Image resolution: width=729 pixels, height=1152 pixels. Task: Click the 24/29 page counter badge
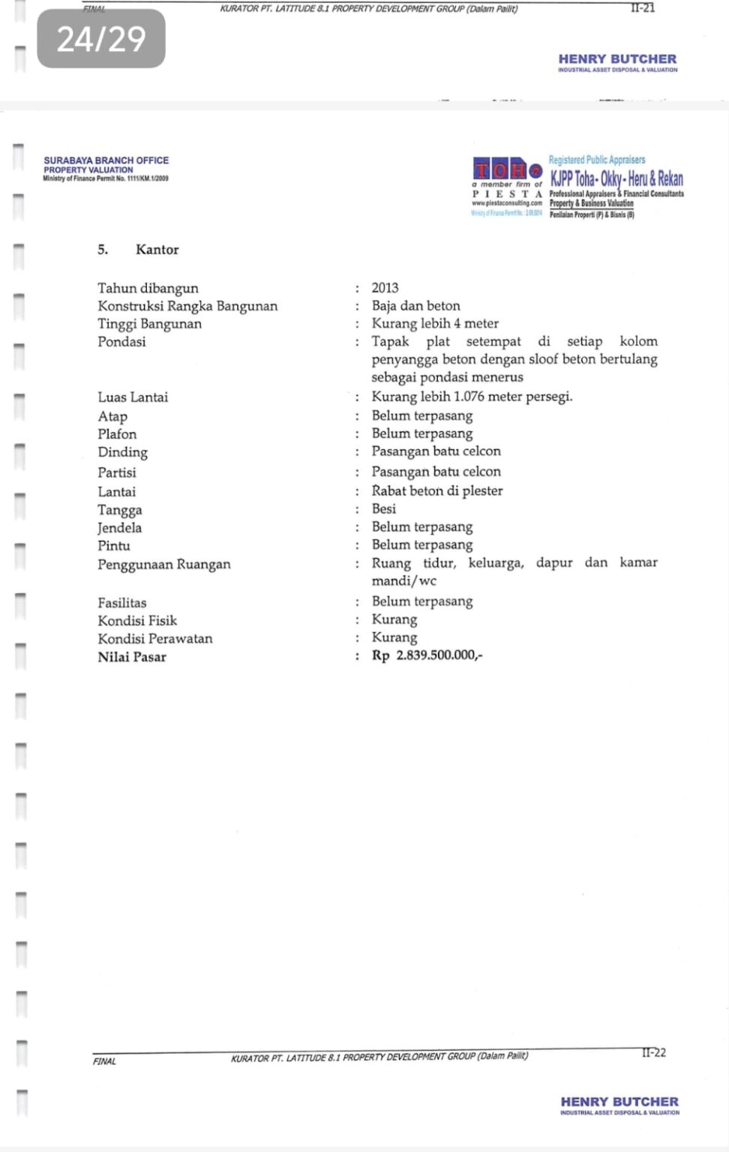click(x=101, y=39)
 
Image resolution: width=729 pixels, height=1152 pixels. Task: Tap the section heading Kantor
click(x=157, y=250)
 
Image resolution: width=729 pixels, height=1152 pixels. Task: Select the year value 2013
click(x=385, y=288)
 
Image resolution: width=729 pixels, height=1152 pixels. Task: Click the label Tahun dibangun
click(x=148, y=288)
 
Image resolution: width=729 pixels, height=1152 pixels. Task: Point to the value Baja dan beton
click(x=415, y=306)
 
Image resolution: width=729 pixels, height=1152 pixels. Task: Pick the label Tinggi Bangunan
click(x=149, y=324)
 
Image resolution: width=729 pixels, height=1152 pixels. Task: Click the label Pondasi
click(x=121, y=342)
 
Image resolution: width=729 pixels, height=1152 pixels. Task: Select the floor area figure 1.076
click(x=469, y=397)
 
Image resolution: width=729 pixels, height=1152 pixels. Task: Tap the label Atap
click(x=112, y=416)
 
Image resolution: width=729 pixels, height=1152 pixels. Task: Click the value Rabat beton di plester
click(x=436, y=491)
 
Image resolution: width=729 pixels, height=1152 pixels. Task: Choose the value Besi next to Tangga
click(x=383, y=509)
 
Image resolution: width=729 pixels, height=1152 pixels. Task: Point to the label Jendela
click(x=119, y=528)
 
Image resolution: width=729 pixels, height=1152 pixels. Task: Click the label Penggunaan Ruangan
click(x=163, y=565)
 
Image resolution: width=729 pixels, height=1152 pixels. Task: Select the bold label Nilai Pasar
click(x=132, y=657)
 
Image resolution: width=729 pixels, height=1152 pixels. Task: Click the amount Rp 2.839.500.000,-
click(x=427, y=655)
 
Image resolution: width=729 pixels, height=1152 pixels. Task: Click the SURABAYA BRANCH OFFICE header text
click(x=106, y=160)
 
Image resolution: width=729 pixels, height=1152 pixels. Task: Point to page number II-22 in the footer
click(x=653, y=1053)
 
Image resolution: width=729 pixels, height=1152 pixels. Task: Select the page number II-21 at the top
click(x=643, y=8)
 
